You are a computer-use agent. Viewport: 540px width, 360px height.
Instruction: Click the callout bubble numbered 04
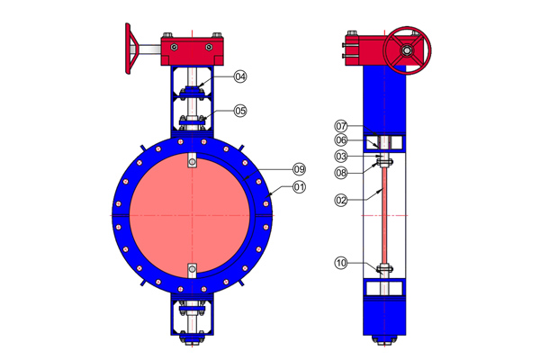tap(240, 77)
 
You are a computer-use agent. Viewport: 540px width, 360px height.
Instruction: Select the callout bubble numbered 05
tap(240, 111)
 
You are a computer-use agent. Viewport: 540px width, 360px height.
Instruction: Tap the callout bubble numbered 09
tap(300, 169)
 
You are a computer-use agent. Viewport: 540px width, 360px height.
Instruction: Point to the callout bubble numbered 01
tap(300, 187)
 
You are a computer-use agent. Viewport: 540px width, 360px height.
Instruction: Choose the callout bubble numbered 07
tap(341, 126)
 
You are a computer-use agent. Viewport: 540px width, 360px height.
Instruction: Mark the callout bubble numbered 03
tap(341, 157)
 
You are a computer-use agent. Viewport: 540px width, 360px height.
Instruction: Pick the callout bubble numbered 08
tap(341, 172)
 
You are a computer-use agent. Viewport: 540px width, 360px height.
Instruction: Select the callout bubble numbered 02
tap(341, 200)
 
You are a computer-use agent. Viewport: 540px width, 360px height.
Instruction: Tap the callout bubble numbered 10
tap(341, 263)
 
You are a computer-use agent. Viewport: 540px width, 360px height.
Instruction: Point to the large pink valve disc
tap(191, 216)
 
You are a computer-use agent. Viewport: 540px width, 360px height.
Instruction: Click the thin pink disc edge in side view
tap(384, 216)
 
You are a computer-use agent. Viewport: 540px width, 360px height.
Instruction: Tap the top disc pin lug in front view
tap(191, 161)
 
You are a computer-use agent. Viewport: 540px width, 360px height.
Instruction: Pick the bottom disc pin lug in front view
tap(191, 269)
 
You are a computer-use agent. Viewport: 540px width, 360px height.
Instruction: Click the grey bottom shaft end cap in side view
tap(384, 340)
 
